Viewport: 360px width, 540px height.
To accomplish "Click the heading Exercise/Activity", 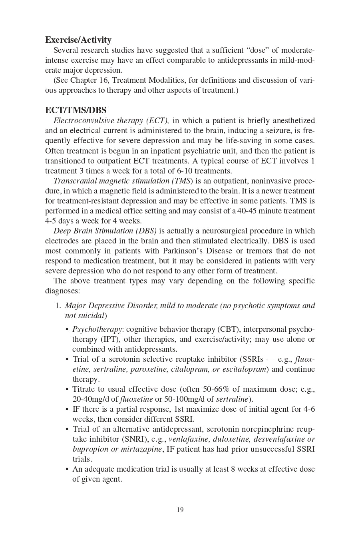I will pyautogui.click(x=78, y=40).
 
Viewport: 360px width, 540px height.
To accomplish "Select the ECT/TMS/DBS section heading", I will pyautogui.click(x=76, y=110).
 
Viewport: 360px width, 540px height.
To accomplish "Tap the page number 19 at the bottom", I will pyautogui.click(x=180, y=510).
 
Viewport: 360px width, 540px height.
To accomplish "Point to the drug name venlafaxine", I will pyautogui.click(x=189, y=439).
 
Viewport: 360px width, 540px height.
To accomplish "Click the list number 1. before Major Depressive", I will pyautogui.click(x=58, y=306).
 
